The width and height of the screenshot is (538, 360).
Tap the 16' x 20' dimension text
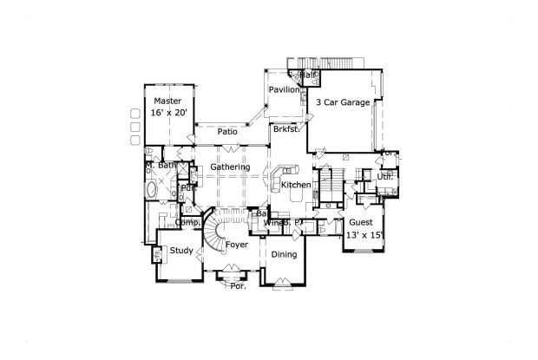[x=167, y=113]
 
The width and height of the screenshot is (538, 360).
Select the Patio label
[x=227, y=131]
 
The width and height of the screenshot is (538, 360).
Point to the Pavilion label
[x=283, y=89]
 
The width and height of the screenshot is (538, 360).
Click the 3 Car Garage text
[x=343, y=102]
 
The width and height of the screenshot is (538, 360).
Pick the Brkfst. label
[x=285, y=129]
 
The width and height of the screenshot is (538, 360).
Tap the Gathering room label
[x=230, y=167]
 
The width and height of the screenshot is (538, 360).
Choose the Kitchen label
[x=296, y=186]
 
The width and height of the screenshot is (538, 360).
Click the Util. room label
[x=384, y=177]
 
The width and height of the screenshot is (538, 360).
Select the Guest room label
[x=363, y=222]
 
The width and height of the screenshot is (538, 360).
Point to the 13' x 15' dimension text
[x=364, y=235]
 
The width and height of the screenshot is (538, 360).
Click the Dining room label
[x=284, y=254]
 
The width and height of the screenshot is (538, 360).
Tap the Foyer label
[x=237, y=245]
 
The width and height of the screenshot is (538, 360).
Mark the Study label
[x=181, y=251]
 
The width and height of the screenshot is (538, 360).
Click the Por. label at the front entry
[x=237, y=285]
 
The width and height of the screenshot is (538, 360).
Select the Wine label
[x=272, y=223]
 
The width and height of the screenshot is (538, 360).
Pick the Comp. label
[x=187, y=222]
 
